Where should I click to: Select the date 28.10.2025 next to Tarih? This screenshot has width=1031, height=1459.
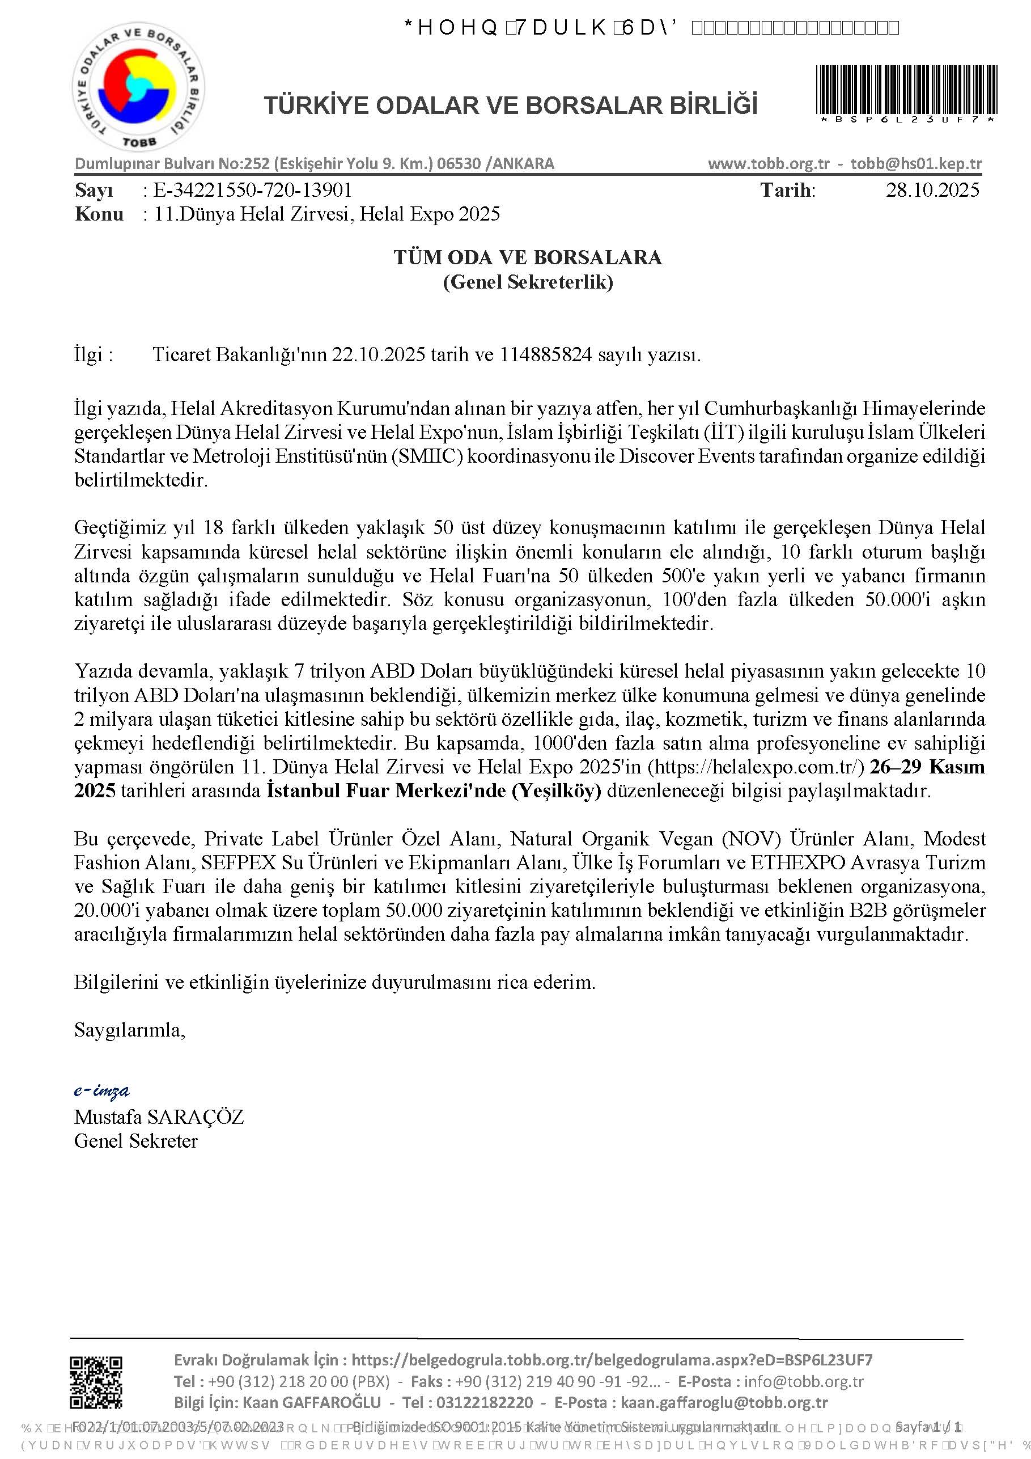932,190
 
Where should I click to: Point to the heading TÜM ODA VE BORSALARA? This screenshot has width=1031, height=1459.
527,257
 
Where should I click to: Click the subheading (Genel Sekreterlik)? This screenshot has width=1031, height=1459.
527,281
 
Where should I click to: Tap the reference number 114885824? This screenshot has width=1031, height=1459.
546,354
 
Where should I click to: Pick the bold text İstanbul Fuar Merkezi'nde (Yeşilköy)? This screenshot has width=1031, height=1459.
434,791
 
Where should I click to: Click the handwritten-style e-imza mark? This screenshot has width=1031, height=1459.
101,1091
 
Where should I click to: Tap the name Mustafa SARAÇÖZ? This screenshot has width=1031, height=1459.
159,1117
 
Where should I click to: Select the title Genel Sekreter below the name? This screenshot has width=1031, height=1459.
136,1141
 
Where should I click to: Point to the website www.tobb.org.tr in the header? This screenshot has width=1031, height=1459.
769,164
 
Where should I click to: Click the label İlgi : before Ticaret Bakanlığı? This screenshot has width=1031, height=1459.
94,354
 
